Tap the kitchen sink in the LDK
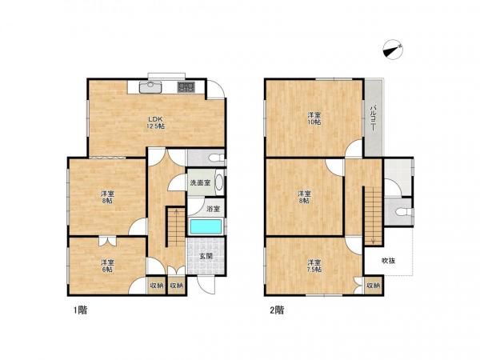(150, 87)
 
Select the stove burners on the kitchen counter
(186, 87)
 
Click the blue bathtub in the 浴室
(206, 227)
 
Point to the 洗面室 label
(200, 183)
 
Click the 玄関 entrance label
(206, 256)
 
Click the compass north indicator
(393, 50)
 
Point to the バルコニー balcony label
(373, 118)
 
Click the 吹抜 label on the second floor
(388, 261)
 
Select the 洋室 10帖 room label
(314, 118)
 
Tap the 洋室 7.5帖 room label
(314, 266)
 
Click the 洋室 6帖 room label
(107, 266)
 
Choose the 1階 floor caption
(80, 310)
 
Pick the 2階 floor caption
(277, 310)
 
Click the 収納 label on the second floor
(373, 286)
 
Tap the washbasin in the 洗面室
(219, 182)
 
